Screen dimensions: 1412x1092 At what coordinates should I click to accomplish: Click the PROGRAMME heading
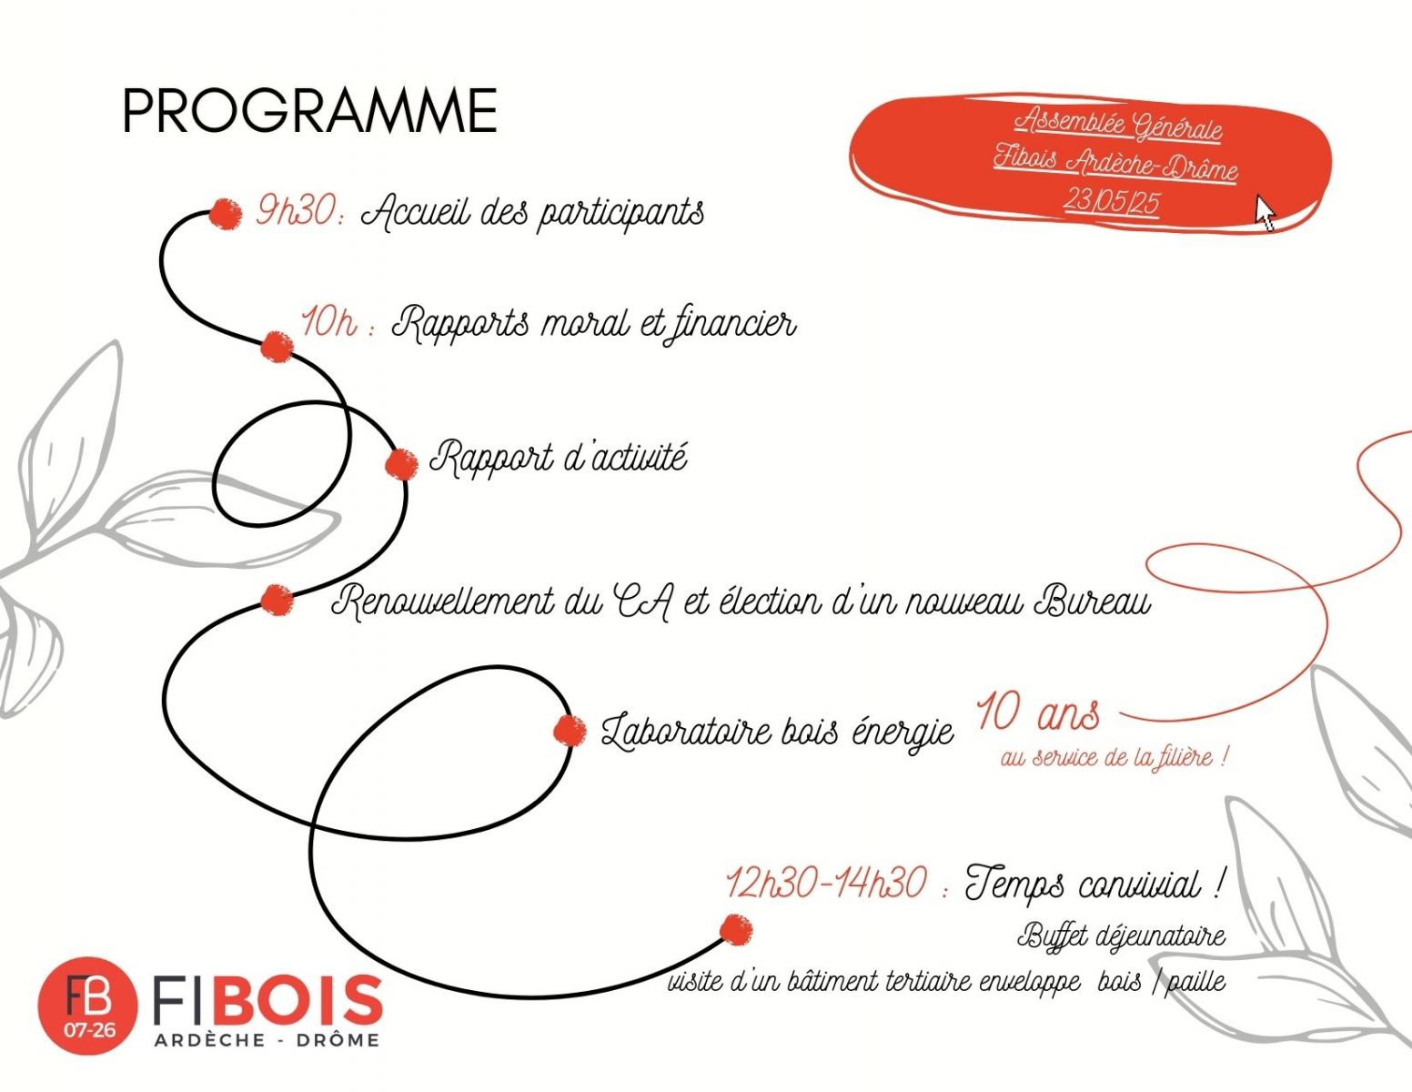310,111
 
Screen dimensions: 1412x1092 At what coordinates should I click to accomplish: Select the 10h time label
337,322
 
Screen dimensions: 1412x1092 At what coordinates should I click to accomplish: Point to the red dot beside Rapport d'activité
401,464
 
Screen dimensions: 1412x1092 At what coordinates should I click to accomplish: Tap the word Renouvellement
443,601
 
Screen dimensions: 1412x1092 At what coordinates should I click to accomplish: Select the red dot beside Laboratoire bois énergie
570,731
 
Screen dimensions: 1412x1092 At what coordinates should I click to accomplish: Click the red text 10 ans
1038,713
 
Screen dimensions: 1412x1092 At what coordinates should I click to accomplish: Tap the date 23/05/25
1111,201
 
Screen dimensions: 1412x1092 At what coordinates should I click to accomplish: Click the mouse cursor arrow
1265,212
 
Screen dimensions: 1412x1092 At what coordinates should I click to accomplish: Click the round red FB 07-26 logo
87,1006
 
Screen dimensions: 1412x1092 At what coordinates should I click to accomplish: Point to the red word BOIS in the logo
298,1000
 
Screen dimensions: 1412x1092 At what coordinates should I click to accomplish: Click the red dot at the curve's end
736,930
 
